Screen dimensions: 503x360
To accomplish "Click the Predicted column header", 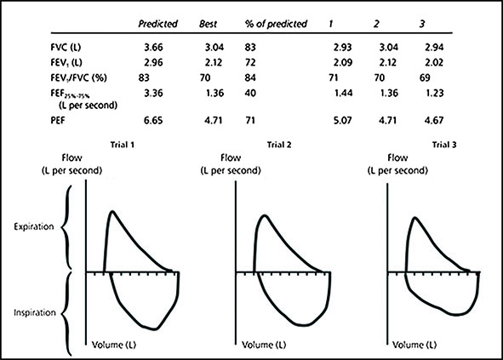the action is point(157,24).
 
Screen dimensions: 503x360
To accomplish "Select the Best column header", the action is point(209,24).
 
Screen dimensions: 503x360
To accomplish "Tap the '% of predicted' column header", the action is point(276,24).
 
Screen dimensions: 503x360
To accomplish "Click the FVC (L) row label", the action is point(66,47).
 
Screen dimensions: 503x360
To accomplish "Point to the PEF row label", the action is point(58,121).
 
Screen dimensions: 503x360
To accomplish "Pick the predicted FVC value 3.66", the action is point(153,47).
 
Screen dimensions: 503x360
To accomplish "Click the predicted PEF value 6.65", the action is point(153,120).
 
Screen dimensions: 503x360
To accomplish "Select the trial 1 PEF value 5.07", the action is point(343,120).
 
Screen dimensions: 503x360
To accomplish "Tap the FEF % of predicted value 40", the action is point(250,93).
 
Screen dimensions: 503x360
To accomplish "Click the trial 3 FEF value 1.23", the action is point(434,93).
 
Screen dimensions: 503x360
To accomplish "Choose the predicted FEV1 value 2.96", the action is point(153,62).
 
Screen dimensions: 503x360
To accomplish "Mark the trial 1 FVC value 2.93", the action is point(343,47).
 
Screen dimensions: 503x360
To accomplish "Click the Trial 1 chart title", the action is point(123,145).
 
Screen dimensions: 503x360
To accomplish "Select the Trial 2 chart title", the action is point(279,145).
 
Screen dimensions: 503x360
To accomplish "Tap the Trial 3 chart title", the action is point(444,145).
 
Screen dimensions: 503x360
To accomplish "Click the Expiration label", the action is point(34,226).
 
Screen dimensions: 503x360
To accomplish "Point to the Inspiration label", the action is point(35,312).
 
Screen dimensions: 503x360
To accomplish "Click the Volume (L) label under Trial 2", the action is point(264,345).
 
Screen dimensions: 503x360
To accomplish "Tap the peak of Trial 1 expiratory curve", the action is point(112,211).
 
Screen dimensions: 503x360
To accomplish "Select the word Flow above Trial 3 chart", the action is point(397,157).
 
